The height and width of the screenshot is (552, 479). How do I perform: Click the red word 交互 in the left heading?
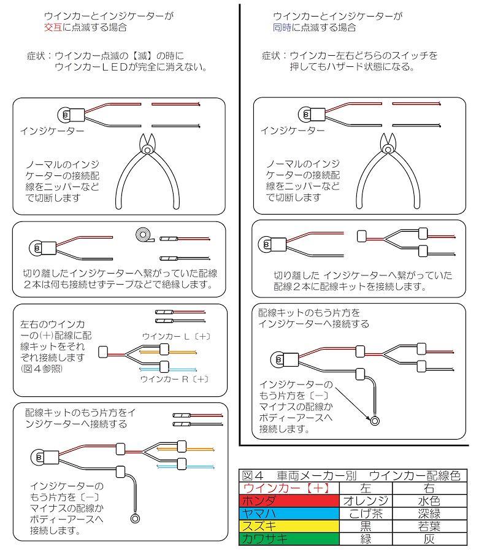pos(52,28)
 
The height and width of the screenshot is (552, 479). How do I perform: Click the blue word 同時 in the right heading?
pos(281,28)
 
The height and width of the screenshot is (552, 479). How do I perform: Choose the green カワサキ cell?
pos(261,539)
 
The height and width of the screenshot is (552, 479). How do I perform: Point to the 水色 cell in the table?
pos(429,500)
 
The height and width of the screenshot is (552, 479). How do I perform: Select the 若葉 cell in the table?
pos(429,526)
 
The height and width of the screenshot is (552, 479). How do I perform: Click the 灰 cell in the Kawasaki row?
pos(429,539)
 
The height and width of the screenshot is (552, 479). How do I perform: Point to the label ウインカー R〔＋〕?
pos(175,379)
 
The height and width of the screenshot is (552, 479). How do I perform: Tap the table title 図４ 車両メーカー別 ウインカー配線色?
pos(350,475)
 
